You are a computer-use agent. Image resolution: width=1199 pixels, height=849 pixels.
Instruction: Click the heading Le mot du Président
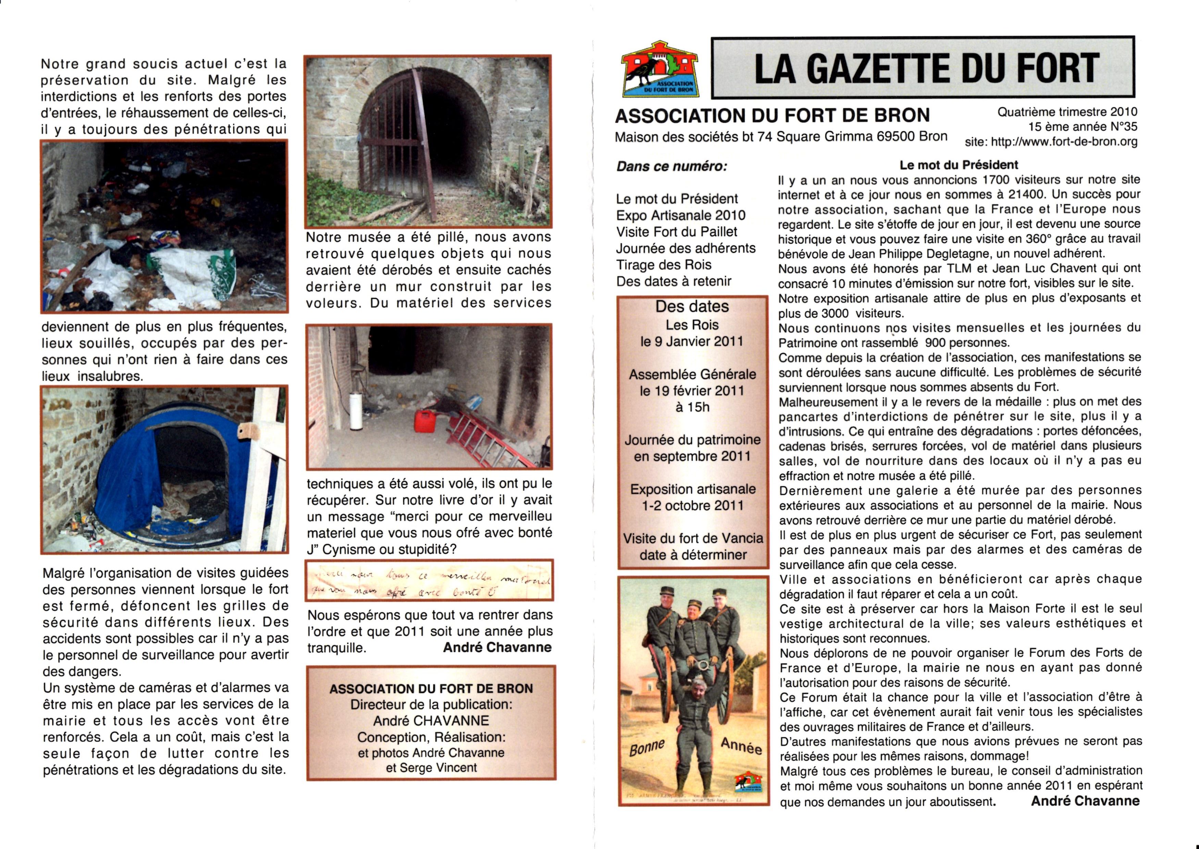click(958, 165)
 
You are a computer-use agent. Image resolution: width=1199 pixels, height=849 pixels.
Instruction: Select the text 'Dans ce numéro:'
click(671, 167)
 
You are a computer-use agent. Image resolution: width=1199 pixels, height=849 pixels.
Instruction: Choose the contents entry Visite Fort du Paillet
click(677, 232)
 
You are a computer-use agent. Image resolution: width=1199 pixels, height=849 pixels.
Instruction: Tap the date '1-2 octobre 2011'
click(692, 506)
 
